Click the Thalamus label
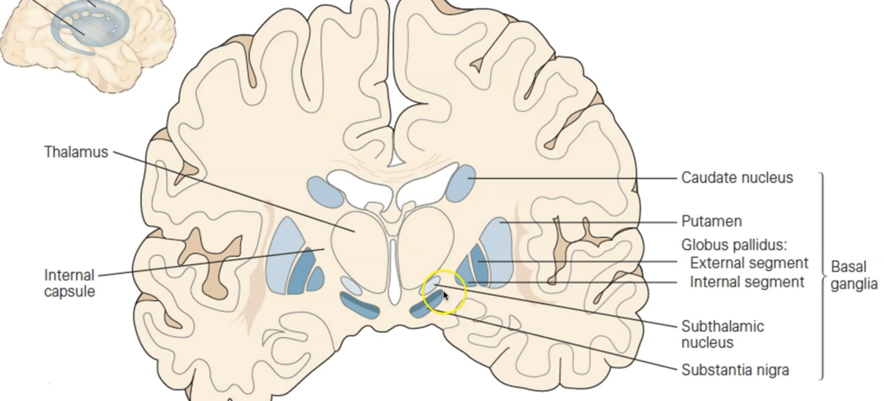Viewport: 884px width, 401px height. pyautogui.click(x=76, y=152)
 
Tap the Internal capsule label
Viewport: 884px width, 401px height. pyautogui.click(x=70, y=283)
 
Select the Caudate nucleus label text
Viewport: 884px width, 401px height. pyautogui.click(x=737, y=178)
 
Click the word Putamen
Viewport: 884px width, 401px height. pyautogui.click(x=711, y=221)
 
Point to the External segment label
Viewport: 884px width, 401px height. pyautogui.click(x=749, y=263)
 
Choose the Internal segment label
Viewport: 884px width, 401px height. pyautogui.click(x=747, y=282)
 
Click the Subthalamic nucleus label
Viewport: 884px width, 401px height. pyautogui.click(x=722, y=334)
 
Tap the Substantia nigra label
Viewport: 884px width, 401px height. pyautogui.click(x=735, y=369)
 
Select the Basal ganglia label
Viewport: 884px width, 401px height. pyautogui.click(x=854, y=275)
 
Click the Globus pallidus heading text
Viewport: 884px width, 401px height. pyautogui.click(x=734, y=245)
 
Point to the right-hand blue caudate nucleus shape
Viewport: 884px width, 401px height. pyautogui.click(x=461, y=183)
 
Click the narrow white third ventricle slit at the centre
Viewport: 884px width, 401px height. pyautogui.click(x=394, y=271)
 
